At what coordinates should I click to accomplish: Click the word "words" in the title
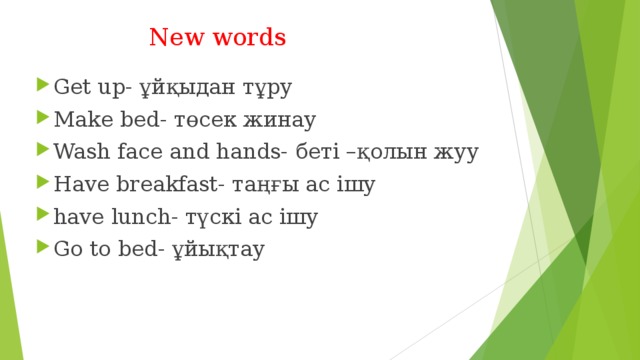click(x=249, y=38)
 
